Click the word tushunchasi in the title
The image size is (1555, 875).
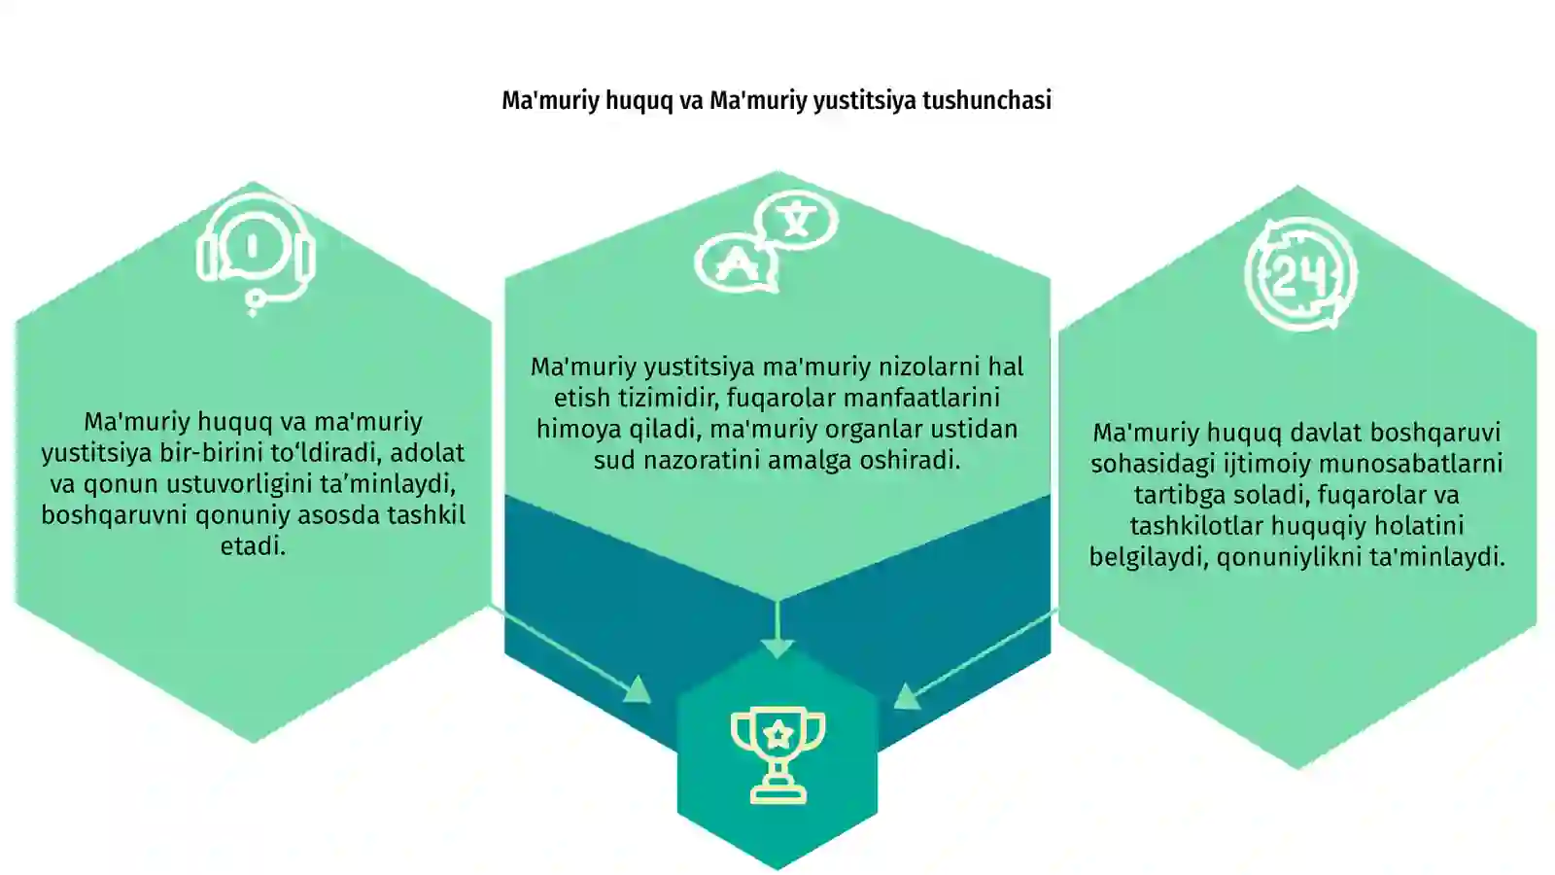[x=986, y=101]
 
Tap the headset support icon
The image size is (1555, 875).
[x=256, y=254]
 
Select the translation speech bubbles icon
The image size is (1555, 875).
[x=767, y=241]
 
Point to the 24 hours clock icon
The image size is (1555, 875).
[x=1300, y=274]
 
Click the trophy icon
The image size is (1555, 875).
[x=778, y=754]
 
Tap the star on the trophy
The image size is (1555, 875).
[x=778, y=734]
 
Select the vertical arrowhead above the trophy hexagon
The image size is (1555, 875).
[x=777, y=648]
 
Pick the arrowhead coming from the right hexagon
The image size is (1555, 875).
[x=907, y=696]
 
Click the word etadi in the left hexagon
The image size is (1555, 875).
[x=253, y=546]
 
